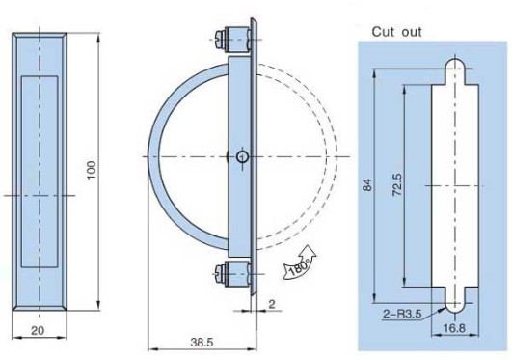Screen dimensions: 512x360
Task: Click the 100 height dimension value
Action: point(92,170)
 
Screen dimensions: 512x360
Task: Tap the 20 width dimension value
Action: point(38,331)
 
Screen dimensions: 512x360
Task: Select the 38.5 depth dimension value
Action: point(202,343)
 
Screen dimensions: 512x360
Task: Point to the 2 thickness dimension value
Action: point(272,304)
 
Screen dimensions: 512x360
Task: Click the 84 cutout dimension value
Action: point(367,184)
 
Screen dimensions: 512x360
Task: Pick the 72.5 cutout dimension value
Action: point(397,184)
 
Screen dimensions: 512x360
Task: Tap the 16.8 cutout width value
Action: point(454,327)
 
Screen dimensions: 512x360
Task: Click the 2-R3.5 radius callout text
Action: point(402,314)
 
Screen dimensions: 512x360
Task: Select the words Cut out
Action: point(396,32)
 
